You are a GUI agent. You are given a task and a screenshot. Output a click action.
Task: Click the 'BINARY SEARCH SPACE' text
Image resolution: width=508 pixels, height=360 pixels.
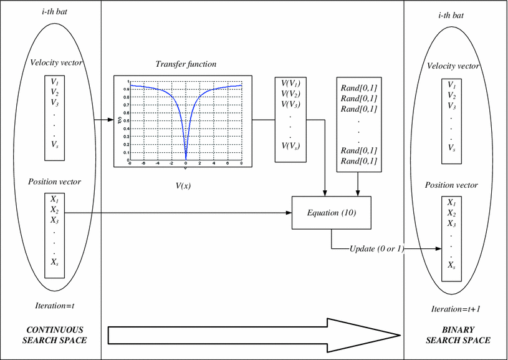tap(458, 335)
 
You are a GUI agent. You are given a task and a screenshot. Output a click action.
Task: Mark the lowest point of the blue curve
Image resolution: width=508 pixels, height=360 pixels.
tap(186, 159)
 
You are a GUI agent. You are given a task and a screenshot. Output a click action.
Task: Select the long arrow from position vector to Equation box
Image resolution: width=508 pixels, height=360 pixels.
tap(181, 213)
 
